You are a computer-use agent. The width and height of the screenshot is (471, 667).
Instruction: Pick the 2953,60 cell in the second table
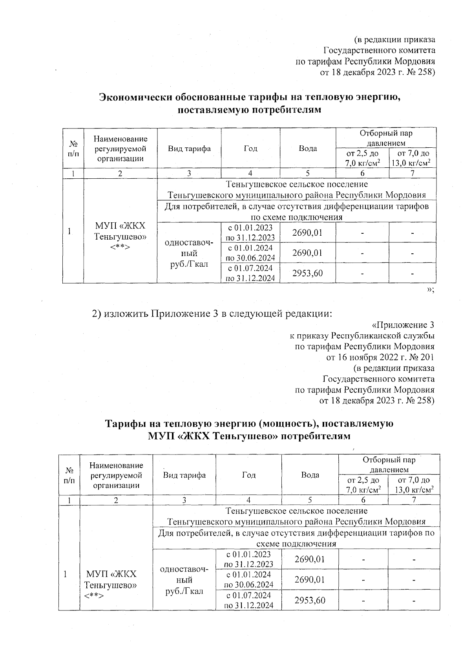tap(310, 600)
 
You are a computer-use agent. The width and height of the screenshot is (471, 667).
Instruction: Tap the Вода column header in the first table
tap(308, 148)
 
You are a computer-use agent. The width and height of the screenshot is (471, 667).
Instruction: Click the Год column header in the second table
tap(249, 475)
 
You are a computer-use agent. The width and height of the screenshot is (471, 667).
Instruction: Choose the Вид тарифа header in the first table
tap(189, 148)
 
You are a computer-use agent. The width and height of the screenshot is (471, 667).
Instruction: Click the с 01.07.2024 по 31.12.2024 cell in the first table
tap(250, 273)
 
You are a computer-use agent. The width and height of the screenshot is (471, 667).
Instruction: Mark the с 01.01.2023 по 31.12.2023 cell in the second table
tap(249, 559)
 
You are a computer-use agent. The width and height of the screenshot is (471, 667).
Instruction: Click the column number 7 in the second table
tap(414, 500)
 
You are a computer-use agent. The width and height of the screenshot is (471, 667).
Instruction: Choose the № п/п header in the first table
tap(73, 148)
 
